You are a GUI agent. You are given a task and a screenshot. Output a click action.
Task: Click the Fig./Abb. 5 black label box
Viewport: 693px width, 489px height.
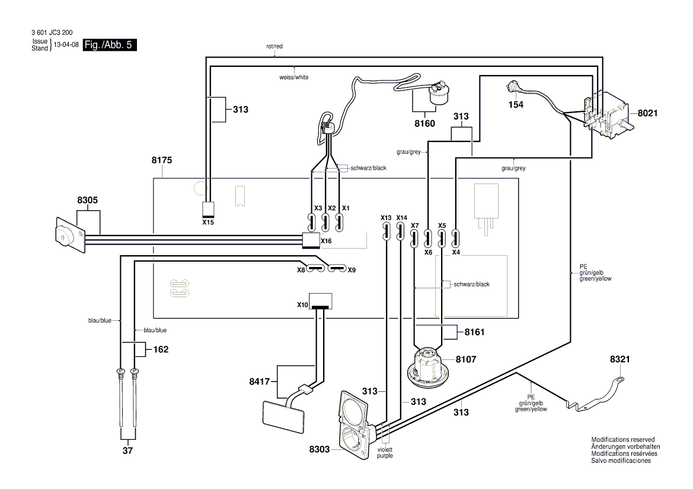(x=110, y=45)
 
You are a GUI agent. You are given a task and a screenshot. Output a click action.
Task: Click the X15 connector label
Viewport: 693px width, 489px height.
(x=208, y=223)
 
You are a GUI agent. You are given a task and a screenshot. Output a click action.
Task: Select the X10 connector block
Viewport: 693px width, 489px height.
(x=321, y=301)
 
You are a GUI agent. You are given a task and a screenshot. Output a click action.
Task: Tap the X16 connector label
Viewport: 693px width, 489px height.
(x=326, y=242)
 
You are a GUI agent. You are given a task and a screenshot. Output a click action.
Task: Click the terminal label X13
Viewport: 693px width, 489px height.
(x=386, y=217)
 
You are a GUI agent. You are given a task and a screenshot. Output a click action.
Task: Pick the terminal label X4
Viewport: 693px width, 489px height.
(x=456, y=251)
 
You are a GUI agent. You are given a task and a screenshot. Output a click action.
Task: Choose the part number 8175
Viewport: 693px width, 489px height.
(x=163, y=160)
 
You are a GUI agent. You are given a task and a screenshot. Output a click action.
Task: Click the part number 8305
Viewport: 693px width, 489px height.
(x=87, y=201)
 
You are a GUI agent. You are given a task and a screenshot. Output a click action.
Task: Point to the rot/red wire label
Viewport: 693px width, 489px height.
(x=274, y=46)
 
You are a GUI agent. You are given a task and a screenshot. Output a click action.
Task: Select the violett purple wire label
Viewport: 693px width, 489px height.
(x=385, y=452)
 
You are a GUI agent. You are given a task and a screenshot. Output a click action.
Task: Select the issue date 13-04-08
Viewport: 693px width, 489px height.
(x=66, y=45)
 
